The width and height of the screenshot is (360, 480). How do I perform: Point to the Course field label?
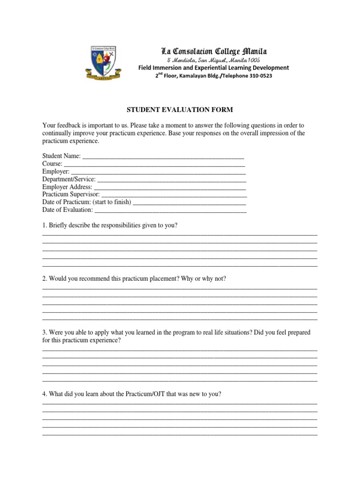(x=52, y=164)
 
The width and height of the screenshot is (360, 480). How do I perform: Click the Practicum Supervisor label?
(x=71, y=194)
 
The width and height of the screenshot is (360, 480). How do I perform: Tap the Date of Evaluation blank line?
(x=171, y=210)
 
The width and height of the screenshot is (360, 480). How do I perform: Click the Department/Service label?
(x=69, y=179)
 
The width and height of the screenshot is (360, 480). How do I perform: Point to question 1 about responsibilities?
(x=110, y=225)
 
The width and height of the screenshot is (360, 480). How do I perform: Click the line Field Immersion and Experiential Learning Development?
(x=213, y=68)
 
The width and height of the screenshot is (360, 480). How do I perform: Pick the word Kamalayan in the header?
(x=189, y=75)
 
